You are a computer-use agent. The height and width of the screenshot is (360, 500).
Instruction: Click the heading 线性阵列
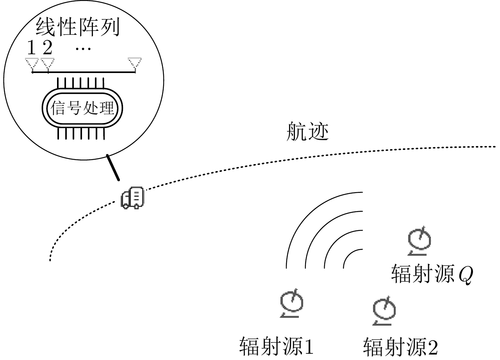(77, 28)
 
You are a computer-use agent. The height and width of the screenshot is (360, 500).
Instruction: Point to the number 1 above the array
(31, 48)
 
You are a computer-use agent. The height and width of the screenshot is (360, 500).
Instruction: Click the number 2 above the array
(47, 48)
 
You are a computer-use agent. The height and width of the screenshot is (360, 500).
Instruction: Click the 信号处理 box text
(82, 109)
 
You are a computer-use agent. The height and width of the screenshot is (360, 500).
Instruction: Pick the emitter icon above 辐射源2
(384, 310)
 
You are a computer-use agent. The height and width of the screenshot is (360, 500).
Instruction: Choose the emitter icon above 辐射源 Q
(419, 241)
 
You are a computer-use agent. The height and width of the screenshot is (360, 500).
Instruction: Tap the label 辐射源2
(401, 346)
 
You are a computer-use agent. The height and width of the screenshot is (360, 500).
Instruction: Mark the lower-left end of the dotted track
(50, 260)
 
